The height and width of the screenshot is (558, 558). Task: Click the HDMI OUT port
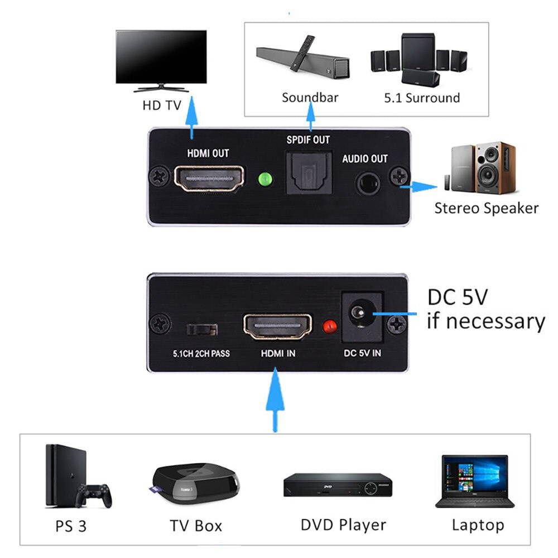(x=209, y=179)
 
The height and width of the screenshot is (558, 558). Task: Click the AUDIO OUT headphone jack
(x=368, y=181)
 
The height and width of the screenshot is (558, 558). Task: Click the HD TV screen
(x=161, y=56)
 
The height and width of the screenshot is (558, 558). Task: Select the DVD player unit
(x=337, y=485)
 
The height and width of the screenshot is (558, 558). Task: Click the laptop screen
(x=474, y=474)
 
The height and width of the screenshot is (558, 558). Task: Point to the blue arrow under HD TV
(x=192, y=117)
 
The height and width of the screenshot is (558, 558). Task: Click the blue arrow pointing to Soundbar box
(x=311, y=119)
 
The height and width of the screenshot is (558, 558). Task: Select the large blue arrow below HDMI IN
(x=275, y=402)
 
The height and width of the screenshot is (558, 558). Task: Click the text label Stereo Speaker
(x=486, y=209)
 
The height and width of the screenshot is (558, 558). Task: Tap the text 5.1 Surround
(x=422, y=98)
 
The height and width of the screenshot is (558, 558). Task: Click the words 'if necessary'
(x=485, y=321)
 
